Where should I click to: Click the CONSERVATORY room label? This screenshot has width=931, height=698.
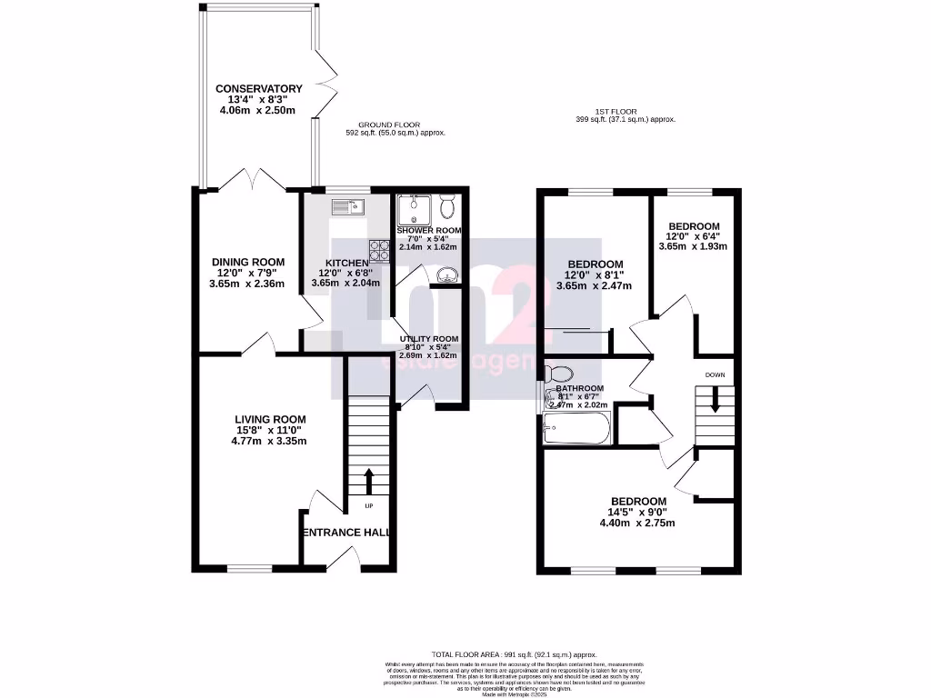pyautogui.click(x=259, y=89)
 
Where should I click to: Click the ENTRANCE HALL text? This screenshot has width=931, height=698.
pyautogui.click(x=346, y=533)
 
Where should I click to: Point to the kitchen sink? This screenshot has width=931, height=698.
pyautogui.click(x=347, y=207)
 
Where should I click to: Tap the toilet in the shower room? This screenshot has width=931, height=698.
pyautogui.click(x=446, y=207)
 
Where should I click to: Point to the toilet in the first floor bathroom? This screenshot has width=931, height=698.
pyautogui.click(x=559, y=374)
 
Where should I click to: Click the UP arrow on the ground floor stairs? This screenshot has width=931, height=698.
pyautogui.click(x=369, y=480)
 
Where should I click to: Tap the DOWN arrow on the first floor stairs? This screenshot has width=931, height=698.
pyautogui.click(x=715, y=399)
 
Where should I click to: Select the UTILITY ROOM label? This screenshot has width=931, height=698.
pyautogui.click(x=429, y=339)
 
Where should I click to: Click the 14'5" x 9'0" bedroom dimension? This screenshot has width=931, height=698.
pyautogui.click(x=637, y=512)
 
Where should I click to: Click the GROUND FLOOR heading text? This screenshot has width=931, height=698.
pyautogui.click(x=389, y=125)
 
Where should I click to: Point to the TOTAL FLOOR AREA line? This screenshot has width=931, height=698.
pyautogui.click(x=515, y=654)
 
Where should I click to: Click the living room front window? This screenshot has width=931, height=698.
pyautogui.click(x=249, y=570)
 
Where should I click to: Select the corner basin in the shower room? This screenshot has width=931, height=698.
pyautogui.click(x=447, y=274)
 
